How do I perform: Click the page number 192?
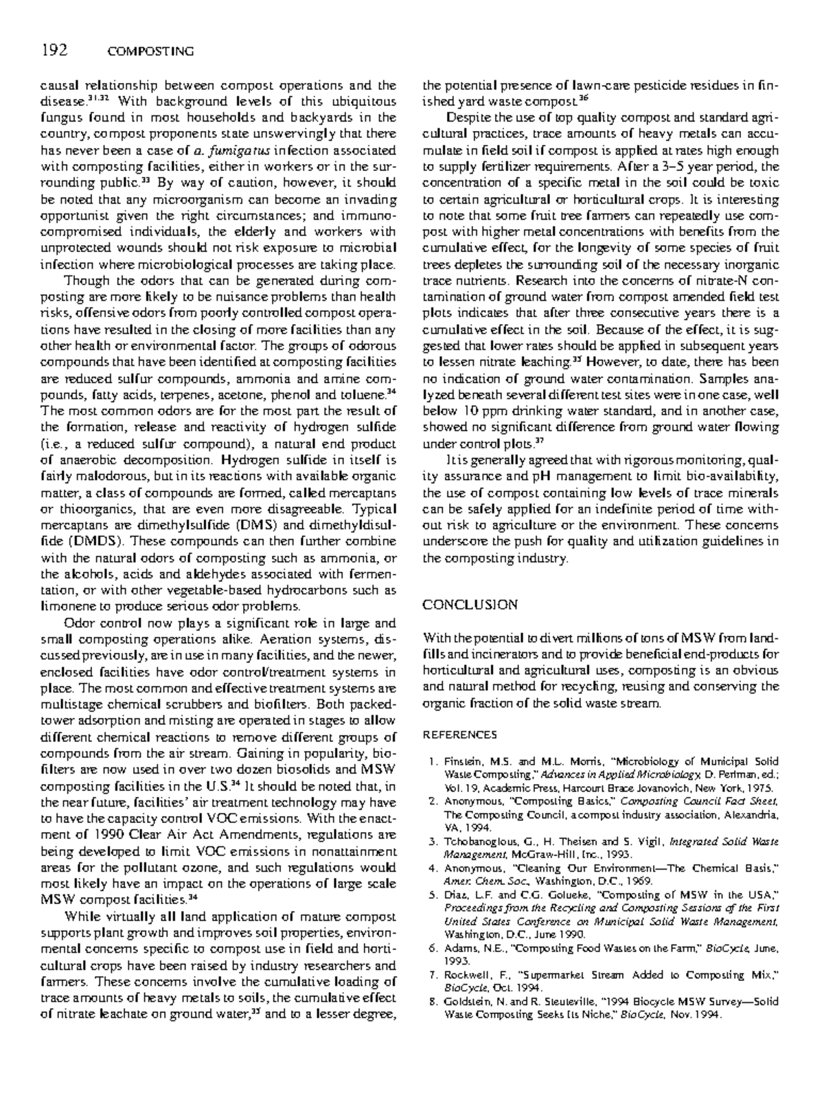point(55,50)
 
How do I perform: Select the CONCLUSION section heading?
point(470,605)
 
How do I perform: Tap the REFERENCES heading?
point(459,735)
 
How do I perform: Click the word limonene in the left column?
point(68,607)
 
